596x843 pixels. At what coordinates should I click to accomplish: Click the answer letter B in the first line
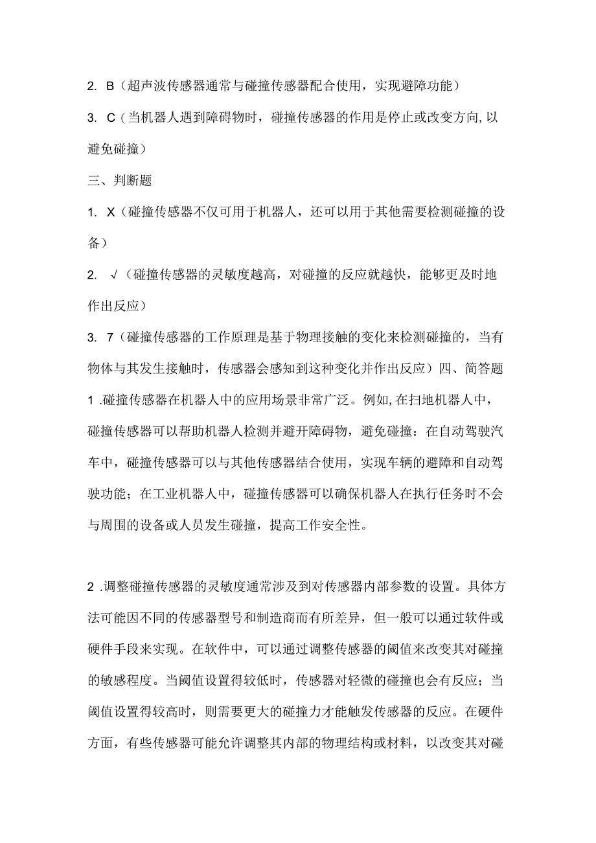109,86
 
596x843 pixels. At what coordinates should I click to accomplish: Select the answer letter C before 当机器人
110,117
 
